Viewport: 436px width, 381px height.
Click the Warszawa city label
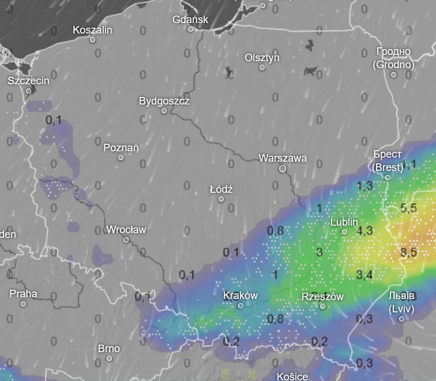pyautogui.click(x=283, y=158)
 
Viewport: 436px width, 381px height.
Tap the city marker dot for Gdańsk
pyautogui.click(x=190, y=29)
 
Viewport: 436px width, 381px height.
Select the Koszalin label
pyautogui.click(x=92, y=30)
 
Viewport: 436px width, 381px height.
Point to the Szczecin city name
pyautogui.click(x=28, y=81)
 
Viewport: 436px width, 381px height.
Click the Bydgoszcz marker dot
pyautogui.click(x=164, y=110)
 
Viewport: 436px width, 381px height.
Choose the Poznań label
pyautogui.click(x=121, y=148)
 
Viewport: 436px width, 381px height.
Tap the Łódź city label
pyautogui.click(x=221, y=189)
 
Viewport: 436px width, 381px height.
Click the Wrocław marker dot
pyautogui.click(x=126, y=240)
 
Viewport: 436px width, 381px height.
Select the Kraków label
pyautogui.click(x=240, y=295)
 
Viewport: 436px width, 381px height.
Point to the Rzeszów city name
pyautogui.click(x=322, y=297)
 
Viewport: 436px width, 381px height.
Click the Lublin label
pyautogui.click(x=344, y=222)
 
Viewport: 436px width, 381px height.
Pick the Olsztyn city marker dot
pyautogui.click(x=262, y=68)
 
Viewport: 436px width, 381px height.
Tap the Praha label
pyautogui.click(x=23, y=293)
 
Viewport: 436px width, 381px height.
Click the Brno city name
pyautogui.click(x=109, y=348)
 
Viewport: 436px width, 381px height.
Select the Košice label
pyautogui.click(x=292, y=376)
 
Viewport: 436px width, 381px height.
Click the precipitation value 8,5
pyautogui.click(x=408, y=252)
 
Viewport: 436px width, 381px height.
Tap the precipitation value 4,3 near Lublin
pyautogui.click(x=365, y=230)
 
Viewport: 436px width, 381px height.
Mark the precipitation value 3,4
pyautogui.click(x=364, y=274)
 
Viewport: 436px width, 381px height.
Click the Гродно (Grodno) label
pyautogui.click(x=394, y=58)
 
